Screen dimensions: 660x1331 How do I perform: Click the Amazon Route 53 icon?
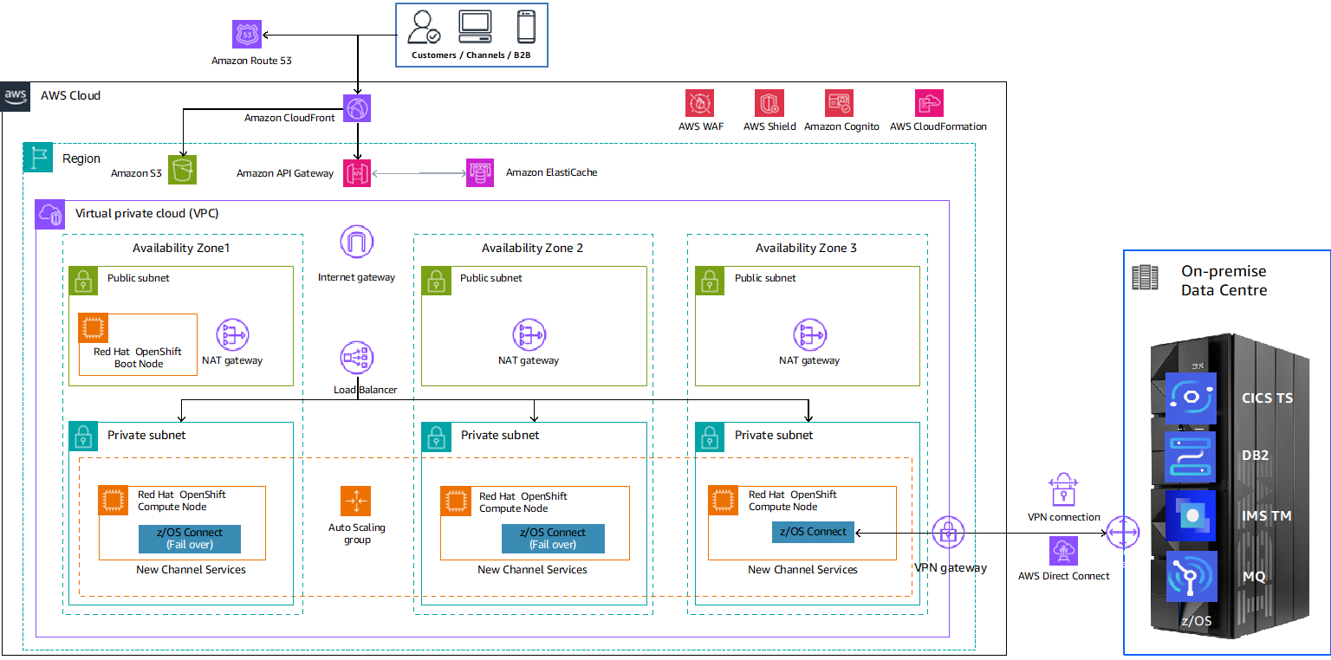point(247,35)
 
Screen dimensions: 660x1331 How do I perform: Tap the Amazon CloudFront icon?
point(357,108)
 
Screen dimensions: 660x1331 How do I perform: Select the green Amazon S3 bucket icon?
point(183,170)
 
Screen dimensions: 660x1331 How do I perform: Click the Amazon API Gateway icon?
point(357,172)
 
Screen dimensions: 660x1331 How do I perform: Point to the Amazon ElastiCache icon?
point(480,172)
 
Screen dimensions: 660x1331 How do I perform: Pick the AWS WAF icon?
point(699,103)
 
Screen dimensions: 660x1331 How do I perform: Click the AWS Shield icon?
point(769,103)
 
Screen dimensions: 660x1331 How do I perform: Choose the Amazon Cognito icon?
point(840,103)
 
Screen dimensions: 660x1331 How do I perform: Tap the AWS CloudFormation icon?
point(929,103)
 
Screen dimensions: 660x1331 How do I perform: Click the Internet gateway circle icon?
point(356,242)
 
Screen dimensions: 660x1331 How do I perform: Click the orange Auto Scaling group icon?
point(355,501)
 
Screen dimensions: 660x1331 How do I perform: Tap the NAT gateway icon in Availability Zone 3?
point(808,334)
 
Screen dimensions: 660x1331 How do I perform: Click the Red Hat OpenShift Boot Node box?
point(138,344)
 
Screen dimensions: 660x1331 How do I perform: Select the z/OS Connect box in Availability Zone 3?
point(813,532)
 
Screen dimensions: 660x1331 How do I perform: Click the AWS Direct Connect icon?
point(1062,551)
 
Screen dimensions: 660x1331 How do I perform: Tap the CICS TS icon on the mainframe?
point(1191,398)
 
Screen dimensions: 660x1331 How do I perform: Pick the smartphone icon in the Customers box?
point(526,27)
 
